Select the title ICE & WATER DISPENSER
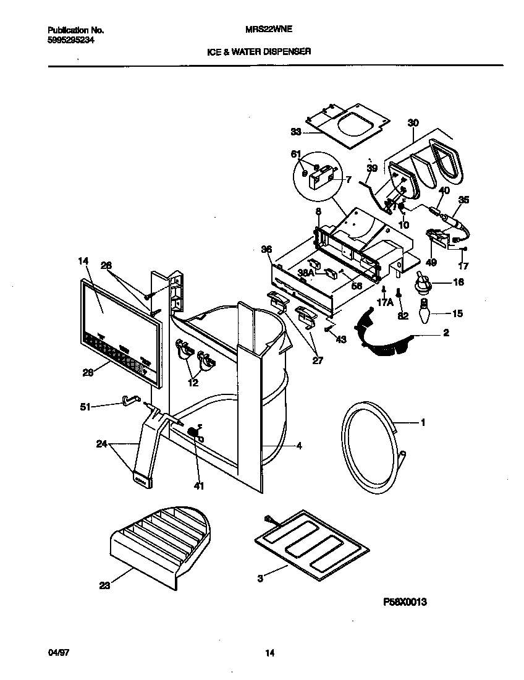(258, 53)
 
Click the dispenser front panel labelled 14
(117, 331)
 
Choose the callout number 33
(295, 131)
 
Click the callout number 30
(413, 123)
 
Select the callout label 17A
(385, 302)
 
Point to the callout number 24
(103, 443)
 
